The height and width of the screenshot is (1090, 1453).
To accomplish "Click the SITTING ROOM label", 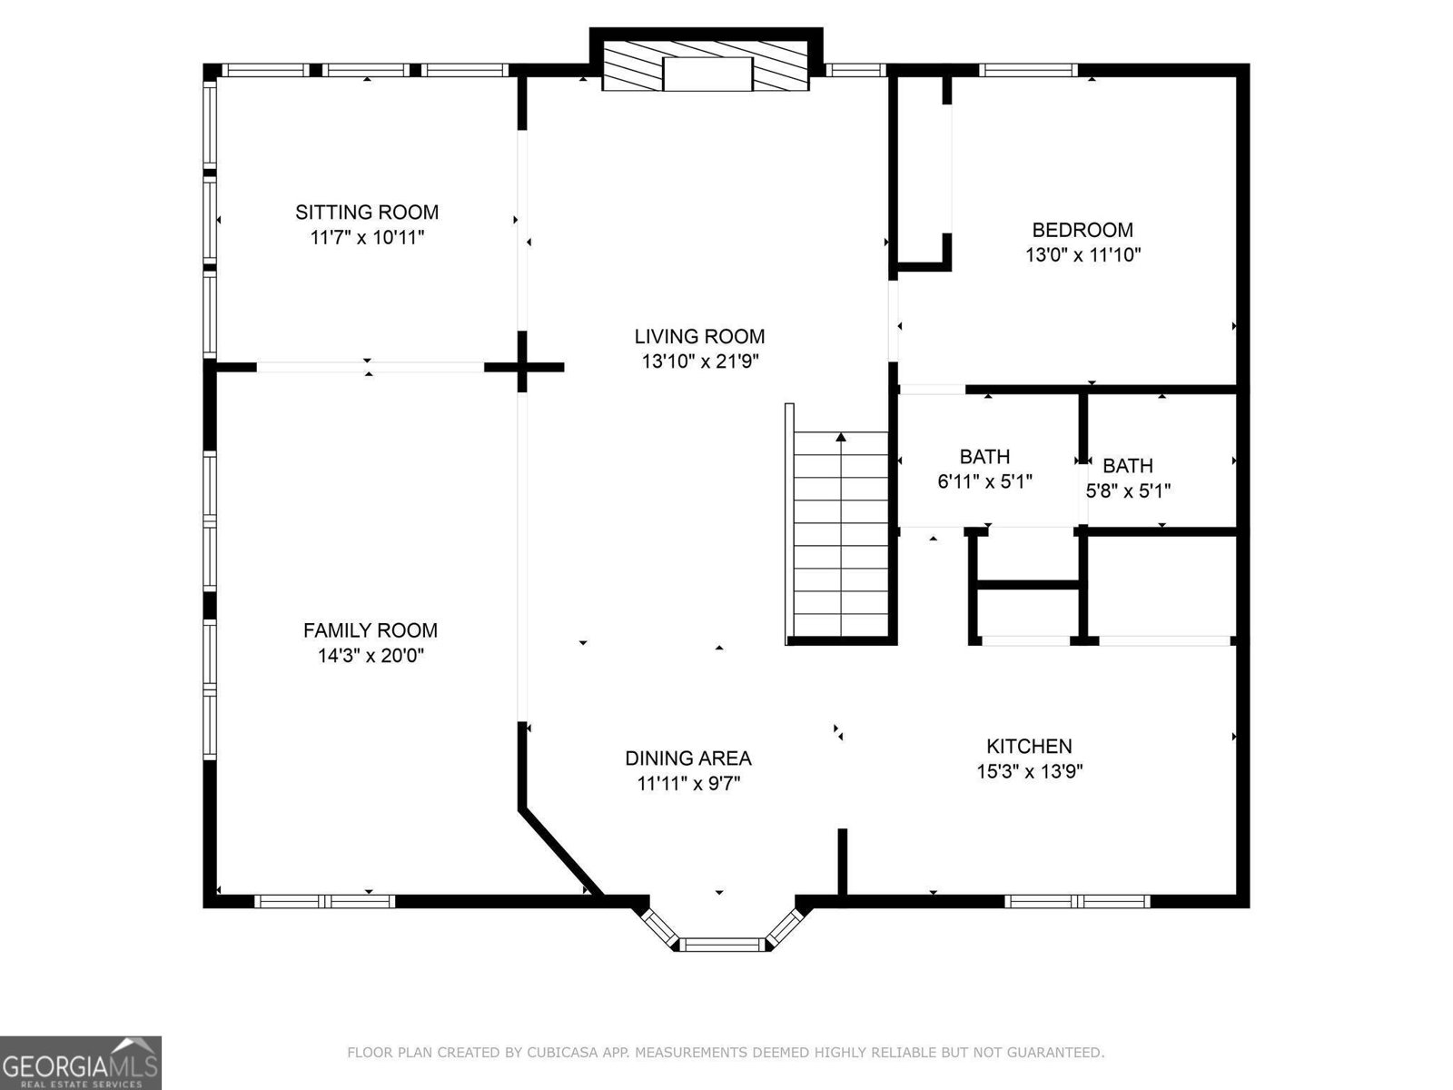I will pyautogui.click(x=366, y=213).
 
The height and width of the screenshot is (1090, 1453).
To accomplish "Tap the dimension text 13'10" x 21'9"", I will pyautogui.click(x=699, y=362).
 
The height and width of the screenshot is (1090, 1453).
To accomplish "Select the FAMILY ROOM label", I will pyautogui.click(x=370, y=630).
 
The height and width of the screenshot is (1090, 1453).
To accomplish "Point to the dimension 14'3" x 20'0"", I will pyautogui.click(x=371, y=656).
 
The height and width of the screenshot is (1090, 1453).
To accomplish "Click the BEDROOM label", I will pyautogui.click(x=1082, y=231).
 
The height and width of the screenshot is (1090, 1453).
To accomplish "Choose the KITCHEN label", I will pyautogui.click(x=1029, y=747).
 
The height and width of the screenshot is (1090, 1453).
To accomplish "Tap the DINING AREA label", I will pyautogui.click(x=687, y=758).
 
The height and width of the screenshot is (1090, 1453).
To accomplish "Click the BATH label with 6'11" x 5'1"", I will pyautogui.click(x=984, y=457).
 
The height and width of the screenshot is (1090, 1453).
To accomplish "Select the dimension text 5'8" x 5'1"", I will pyautogui.click(x=1128, y=491).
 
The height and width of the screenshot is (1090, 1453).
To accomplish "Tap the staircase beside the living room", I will pyautogui.click(x=841, y=536).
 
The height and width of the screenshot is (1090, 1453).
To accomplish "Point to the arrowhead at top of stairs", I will pyautogui.click(x=841, y=438).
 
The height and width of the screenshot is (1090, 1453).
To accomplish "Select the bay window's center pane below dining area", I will pyautogui.click(x=724, y=946).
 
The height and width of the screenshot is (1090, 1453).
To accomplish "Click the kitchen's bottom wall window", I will pyautogui.click(x=1077, y=902).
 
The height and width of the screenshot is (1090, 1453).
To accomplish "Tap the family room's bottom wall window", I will pyautogui.click(x=325, y=902).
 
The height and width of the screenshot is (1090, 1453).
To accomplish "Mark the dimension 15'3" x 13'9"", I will pyautogui.click(x=1029, y=772).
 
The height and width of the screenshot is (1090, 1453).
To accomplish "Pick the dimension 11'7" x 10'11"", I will pyautogui.click(x=367, y=238).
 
